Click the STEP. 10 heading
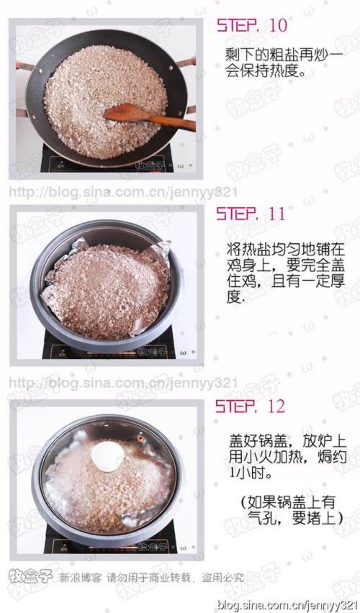tap(251, 26)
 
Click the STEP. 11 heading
tap(251, 214)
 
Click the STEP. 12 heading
tap(251, 407)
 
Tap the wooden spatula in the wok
tap(148, 115)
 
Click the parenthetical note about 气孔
tap(287, 510)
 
